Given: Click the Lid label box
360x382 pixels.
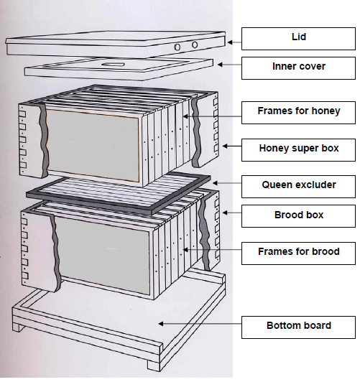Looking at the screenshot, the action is pos(298,39).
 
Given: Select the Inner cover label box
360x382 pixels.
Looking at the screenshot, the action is pos(298,68).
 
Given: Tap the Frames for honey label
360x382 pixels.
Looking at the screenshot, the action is pos(298,113).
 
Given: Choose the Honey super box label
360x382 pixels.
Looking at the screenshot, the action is pos(298,150).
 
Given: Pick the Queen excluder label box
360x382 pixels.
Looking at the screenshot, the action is pos(298,187).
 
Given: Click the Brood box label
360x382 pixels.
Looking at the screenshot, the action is pos(298,216).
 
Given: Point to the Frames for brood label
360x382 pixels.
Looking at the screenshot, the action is pos(298,253).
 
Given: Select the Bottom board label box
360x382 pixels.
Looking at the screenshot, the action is pos(298,327).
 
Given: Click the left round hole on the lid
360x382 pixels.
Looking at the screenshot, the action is pos(177,47).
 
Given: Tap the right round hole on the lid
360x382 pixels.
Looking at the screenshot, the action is pos(195,45).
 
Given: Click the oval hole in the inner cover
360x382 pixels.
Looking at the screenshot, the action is pos(113,65).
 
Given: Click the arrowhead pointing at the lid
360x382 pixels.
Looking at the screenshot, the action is pos(230,42).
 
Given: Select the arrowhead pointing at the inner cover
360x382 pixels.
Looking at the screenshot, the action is pos(220,65).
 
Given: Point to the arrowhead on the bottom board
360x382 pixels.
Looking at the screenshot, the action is pos(161,324).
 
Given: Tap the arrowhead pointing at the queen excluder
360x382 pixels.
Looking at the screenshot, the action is pos(215,183).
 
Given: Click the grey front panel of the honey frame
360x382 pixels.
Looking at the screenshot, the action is pos(93,145).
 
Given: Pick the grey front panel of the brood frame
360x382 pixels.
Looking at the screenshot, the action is pos(102,254).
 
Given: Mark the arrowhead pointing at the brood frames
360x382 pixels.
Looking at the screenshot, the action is pos(185,249).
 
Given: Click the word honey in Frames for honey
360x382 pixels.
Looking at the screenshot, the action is pos(326,111).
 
